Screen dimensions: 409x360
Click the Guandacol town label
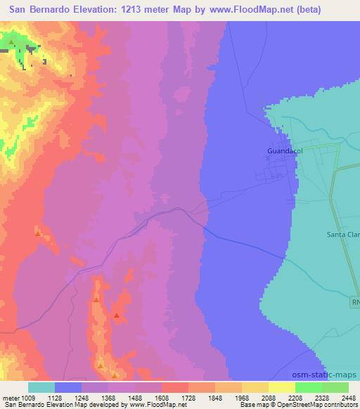[x=285, y=150]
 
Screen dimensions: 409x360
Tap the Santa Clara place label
[x=343, y=235]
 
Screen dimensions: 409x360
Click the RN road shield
[x=355, y=301]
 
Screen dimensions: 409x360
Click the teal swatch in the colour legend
[x=41, y=387]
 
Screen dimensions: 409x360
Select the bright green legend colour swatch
[x=308, y=387]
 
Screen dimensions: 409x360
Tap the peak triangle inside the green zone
[x=11, y=42]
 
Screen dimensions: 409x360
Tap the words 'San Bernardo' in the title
[x=39, y=10]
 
